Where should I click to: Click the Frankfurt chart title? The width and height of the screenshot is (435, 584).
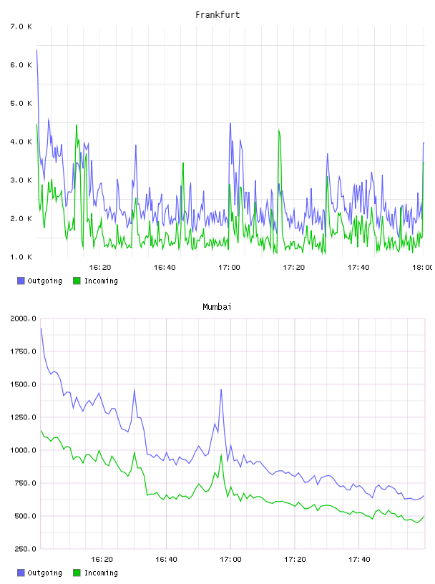click(x=217, y=15)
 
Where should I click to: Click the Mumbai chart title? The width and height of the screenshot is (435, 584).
click(x=217, y=307)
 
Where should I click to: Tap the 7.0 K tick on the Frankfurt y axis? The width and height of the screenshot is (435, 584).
click(x=21, y=26)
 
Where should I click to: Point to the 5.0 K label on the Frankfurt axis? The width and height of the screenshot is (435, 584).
click(x=21, y=103)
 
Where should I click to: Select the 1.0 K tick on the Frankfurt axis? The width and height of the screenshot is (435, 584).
click(x=21, y=257)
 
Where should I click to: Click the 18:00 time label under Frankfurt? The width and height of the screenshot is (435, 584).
click(x=422, y=268)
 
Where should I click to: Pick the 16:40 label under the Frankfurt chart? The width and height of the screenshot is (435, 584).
click(x=165, y=268)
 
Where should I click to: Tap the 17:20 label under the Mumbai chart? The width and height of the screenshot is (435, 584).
click(x=295, y=560)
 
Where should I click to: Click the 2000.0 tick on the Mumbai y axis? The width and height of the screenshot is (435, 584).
click(x=23, y=318)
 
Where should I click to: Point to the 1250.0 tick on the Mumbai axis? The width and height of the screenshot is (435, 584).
click(x=23, y=417)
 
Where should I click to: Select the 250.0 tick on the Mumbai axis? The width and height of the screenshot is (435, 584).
click(x=23, y=549)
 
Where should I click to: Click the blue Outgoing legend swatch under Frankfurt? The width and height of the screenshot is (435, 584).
click(x=21, y=281)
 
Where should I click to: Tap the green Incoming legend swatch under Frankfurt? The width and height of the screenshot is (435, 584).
click(x=77, y=281)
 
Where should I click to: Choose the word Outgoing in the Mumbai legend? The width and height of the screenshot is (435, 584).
click(x=44, y=573)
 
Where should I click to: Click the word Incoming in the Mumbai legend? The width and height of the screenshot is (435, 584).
click(x=101, y=573)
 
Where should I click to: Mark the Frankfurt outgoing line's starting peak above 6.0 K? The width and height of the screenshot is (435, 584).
click(x=36, y=50)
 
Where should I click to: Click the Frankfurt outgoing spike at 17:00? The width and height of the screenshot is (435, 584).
click(x=230, y=124)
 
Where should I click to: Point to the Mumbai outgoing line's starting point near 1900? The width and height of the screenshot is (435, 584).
click(x=41, y=328)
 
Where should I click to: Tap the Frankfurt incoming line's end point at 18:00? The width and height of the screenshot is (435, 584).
click(x=424, y=162)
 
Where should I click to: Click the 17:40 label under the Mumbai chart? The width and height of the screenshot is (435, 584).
click(x=359, y=560)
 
